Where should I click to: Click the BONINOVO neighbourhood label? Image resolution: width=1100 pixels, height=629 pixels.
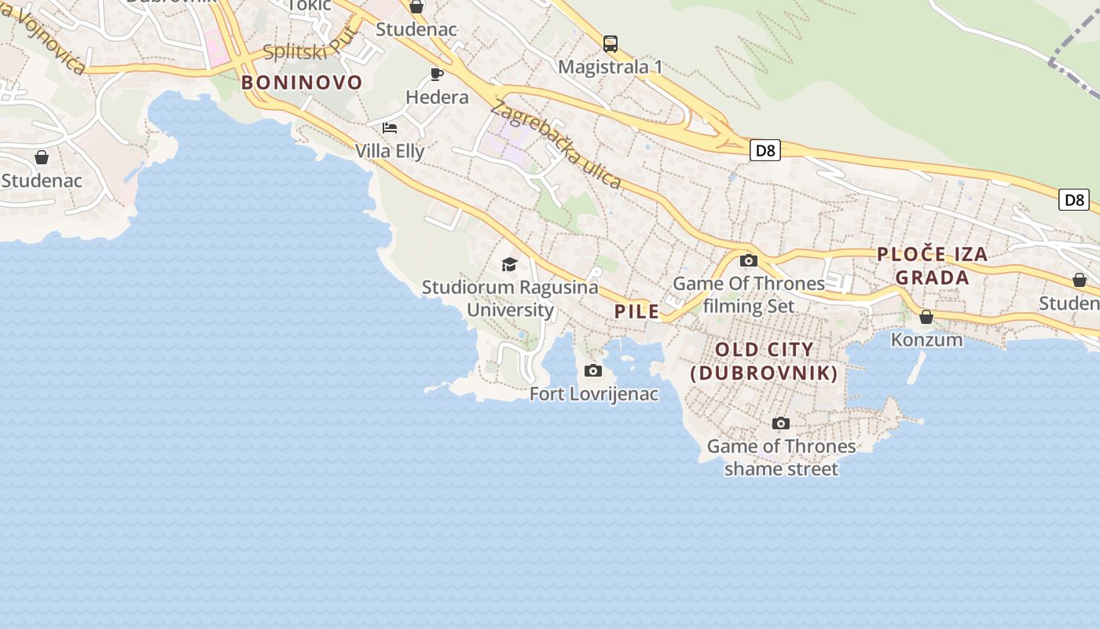[302, 83]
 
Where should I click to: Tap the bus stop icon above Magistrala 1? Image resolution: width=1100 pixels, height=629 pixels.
[610, 44]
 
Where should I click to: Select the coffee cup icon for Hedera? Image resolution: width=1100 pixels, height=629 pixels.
[437, 75]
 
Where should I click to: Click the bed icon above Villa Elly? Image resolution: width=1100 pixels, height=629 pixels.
[390, 128]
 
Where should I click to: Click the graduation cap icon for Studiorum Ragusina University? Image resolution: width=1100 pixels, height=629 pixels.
[510, 264]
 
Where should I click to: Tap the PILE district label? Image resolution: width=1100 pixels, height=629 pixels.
[637, 311]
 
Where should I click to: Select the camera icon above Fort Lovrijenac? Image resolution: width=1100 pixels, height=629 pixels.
[593, 371]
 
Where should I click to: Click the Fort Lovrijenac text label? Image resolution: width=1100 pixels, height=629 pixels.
[594, 394]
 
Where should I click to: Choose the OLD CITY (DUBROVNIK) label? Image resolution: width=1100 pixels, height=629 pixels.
[764, 361]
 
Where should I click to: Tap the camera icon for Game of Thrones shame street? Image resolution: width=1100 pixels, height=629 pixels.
[780, 424]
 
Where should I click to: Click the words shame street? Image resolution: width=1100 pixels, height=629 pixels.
[781, 469]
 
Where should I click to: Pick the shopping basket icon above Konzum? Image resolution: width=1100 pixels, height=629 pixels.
[926, 317]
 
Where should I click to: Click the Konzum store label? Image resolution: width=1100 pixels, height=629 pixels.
[926, 340]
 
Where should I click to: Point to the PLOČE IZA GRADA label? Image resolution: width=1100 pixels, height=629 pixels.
[932, 266]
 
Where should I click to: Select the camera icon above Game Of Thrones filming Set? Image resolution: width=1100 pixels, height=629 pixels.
[749, 261]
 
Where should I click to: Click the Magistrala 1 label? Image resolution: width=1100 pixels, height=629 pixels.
[610, 67]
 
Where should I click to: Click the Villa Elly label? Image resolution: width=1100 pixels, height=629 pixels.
[390, 151]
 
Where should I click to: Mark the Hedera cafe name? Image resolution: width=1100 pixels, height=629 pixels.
[437, 97]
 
